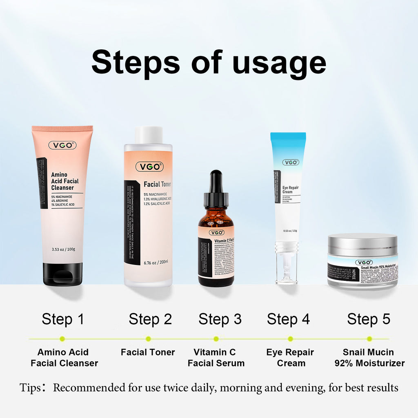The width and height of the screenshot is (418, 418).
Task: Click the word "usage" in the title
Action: click(279, 62)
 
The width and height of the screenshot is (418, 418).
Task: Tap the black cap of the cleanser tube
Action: click(62, 274)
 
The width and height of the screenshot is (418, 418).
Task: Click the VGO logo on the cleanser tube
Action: click(62, 145)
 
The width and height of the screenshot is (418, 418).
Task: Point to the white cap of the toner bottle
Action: click(149, 135)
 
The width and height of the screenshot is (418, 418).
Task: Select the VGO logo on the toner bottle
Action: click(149, 167)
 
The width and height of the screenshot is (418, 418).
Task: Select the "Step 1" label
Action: click(63, 319)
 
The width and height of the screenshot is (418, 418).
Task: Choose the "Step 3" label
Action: click(220, 319)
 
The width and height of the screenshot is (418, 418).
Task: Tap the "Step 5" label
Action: click(369, 319)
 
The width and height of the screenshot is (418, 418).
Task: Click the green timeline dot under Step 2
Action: click(148, 339)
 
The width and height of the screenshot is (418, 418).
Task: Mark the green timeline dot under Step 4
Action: click(290, 339)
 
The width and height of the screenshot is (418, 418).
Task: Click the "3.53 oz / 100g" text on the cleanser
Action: click(63, 249)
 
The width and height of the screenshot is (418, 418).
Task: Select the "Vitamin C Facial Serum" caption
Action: click(216, 358)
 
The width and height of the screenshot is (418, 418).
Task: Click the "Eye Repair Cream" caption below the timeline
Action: click(290, 358)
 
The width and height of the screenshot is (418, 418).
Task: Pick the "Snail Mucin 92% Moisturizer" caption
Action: click(369, 358)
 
